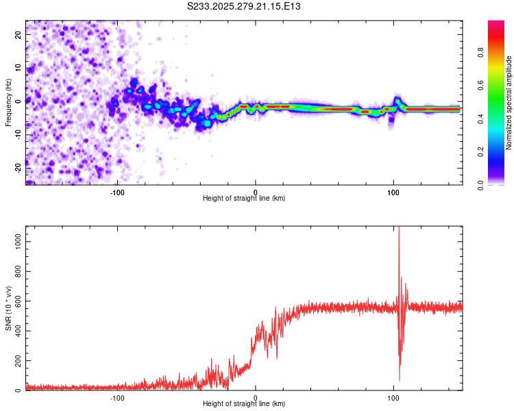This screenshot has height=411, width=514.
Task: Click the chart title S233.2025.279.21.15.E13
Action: point(244,6)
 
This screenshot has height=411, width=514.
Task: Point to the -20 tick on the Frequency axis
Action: point(18,166)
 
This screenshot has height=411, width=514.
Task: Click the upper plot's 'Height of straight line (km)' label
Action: point(244,199)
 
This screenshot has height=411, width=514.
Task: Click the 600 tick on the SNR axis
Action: point(17,301)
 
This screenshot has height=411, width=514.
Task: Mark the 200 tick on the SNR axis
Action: point(17,360)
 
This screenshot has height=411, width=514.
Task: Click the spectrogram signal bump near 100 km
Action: point(397,101)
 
